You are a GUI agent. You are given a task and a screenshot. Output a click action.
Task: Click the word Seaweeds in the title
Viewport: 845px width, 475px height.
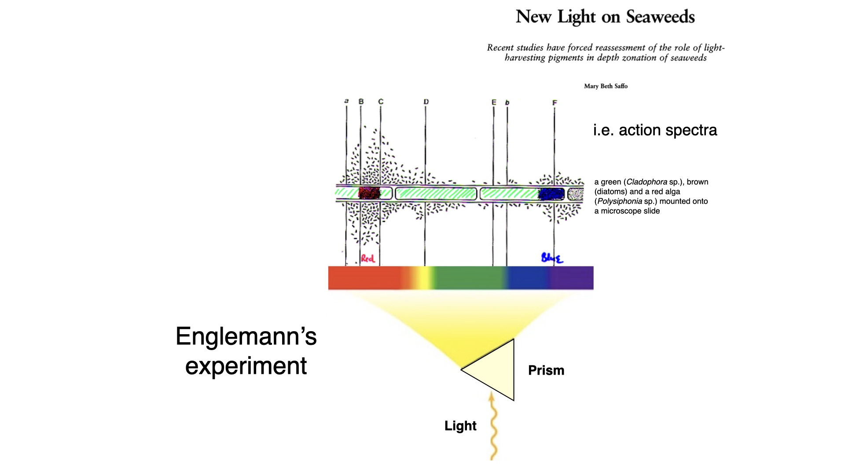pyautogui.click(x=660, y=17)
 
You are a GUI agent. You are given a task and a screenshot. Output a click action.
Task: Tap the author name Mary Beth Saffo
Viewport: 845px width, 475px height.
pyautogui.click(x=606, y=86)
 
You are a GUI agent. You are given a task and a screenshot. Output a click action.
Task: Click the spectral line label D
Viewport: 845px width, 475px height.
pyautogui.click(x=426, y=102)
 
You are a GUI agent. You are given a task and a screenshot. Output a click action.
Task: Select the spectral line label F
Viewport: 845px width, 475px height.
pyautogui.click(x=555, y=102)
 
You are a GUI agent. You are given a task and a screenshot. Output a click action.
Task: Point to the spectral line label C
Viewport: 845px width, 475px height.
pyautogui.click(x=381, y=102)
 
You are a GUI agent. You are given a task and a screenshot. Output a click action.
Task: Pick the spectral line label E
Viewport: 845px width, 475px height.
pyautogui.click(x=494, y=102)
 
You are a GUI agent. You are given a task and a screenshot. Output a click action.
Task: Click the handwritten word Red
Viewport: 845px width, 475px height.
pyautogui.click(x=367, y=259)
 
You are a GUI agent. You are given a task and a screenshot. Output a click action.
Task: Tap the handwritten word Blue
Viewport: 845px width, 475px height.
pyautogui.click(x=552, y=258)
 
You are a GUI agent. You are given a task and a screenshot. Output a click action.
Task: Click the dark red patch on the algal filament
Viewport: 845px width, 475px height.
pyautogui.click(x=369, y=193)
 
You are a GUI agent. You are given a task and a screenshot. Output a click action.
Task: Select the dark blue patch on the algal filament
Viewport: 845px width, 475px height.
pyautogui.click(x=551, y=194)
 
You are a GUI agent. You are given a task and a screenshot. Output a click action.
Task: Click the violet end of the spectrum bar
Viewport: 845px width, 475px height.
pyautogui.click(x=572, y=278)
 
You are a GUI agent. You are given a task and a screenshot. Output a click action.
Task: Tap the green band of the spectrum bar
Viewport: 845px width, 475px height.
pyautogui.click(x=469, y=278)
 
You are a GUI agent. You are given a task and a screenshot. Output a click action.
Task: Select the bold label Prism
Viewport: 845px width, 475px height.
pyautogui.click(x=546, y=370)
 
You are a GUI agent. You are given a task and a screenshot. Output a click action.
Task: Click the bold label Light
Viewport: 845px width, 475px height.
pyautogui.click(x=460, y=426)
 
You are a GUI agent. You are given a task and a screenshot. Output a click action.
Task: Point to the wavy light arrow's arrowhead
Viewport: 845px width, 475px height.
pyautogui.click(x=492, y=397)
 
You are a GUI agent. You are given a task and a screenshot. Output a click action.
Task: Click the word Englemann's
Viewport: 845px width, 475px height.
pyautogui.click(x=246, y=336)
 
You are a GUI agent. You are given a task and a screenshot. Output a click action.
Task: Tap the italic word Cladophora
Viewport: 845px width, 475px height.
pyautogui.click(x=647, y=182)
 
